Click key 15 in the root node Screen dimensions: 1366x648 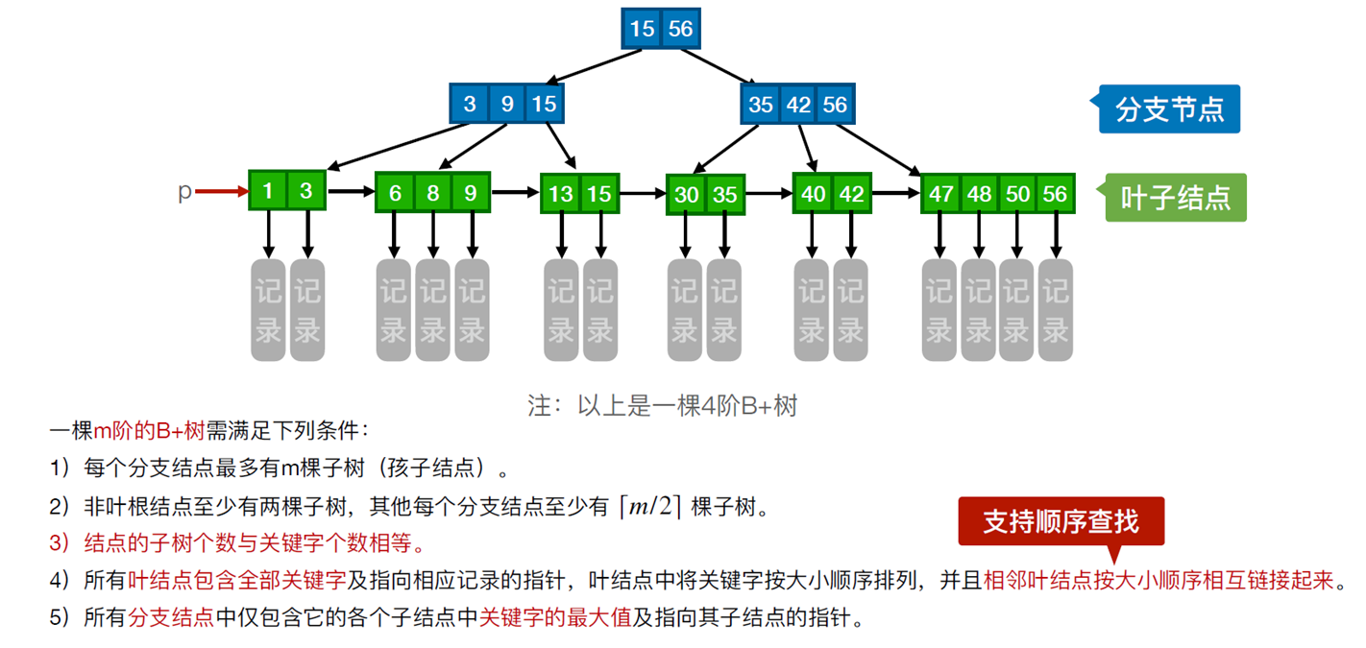(642, 29)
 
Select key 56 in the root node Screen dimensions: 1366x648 (680, 29)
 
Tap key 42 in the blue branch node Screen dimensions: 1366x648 (798, 105)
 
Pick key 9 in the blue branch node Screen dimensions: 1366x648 (507, 104)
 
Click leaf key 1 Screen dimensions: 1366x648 (267, 191)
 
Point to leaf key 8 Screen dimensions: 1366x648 (433, 193)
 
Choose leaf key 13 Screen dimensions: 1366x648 (561, 195)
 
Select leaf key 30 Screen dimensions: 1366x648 (687, 195)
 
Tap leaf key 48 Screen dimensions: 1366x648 (979, 195)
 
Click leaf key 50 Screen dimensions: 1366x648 (1017, 195)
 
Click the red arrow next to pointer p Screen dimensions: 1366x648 (222, 191)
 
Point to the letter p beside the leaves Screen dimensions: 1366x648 (184, 192)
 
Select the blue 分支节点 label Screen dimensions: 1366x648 (1165, 109)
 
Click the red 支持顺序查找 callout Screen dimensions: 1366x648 (1061, 522)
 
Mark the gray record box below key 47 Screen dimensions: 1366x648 (939, 310)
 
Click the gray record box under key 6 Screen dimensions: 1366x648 (393, 310)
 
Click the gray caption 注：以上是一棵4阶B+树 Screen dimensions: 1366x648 (662, 405)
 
